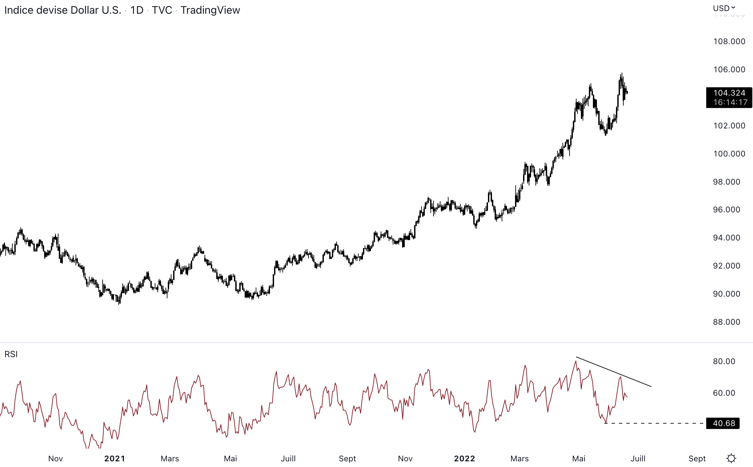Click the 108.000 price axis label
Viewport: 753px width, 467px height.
pyautogui.click(x=729, y=41)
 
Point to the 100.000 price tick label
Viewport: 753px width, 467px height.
pyautogui.click(x=729, y=154)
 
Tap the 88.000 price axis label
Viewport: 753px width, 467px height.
pyautogui.click(x=726, y=322)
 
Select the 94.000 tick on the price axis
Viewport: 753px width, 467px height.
pyautogui.click(x=726, y=238)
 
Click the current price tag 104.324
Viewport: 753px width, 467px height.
pyautogui.click(x=729, y=93)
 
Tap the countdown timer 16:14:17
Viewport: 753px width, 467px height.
pyautogui.click(x=730, y=103)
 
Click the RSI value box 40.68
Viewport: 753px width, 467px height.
pyautogui.click(x=724, y=423)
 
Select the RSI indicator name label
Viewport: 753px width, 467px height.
pyautogui.click(x=11, y=354)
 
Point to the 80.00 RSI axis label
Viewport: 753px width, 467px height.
pyautogui.click(x=724, y=361)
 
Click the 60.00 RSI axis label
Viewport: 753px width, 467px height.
pyautogui.click(x=724, y=393)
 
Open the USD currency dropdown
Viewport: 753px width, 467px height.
pyautogui.click(x=724, y=8)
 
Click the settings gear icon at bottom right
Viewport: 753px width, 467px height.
pyautogui.click(x=731, y=458)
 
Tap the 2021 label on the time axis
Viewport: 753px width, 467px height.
pyautogui.click(x=115, y=459)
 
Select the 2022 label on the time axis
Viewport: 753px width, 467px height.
pyautogui.click(x=464, y=459)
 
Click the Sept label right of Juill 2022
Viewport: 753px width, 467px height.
pyautogui.click(x=697, y=459)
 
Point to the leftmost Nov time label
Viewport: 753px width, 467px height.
pyautogui.click(x=55, y=459)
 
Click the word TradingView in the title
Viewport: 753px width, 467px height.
pyautogui.click(x=210, y=10)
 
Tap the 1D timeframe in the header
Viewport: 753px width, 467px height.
pyautogui.click(x=137, y=10)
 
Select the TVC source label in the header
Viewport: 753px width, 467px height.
pyautogui.click(x=162, y=10)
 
